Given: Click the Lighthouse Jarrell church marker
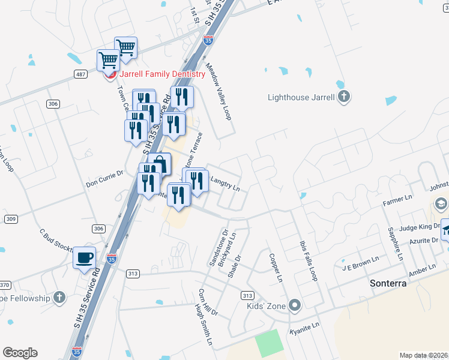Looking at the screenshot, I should click(x=343, y=97).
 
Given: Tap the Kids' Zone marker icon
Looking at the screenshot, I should click(x=294, y=306).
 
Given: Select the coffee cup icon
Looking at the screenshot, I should click(x=84, y=258).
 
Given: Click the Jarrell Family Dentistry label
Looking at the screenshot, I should click(x=163, y=74).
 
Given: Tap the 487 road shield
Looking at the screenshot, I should click(x=82, y=74).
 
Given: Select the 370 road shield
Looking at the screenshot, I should click(x=5, y=284).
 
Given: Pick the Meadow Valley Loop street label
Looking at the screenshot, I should click(x=218, y=92).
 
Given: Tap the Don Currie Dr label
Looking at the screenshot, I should click(x=104, y=179).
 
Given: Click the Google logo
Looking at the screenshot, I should click(x=20, y=353).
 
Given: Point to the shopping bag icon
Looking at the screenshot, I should click(x=160, y=164).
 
